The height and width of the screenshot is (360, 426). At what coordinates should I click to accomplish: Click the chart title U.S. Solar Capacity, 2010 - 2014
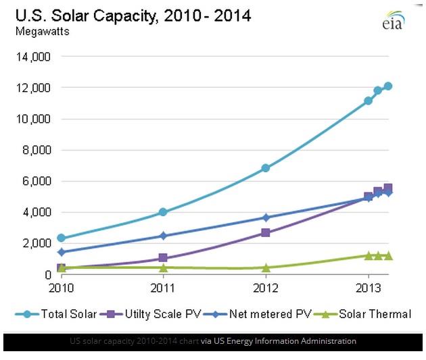(x=133, y=15)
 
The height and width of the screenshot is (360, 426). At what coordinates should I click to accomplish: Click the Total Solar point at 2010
(x=62, y=238)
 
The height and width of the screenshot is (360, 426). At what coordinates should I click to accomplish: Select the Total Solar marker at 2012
(x=266, y=168)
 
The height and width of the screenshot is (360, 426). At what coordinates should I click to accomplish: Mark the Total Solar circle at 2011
(x=163, y=212)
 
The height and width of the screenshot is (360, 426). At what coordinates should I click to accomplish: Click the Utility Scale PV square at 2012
(x=266, y=232)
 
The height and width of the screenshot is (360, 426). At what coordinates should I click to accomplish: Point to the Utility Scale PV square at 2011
(x=163, y=258)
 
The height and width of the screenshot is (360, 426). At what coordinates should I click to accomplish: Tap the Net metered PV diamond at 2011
(x=163, y=236)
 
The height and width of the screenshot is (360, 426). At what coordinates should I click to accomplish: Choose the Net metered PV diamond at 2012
(x=266, y=217)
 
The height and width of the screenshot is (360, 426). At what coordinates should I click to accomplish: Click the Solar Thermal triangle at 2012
(x=266, y=267)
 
